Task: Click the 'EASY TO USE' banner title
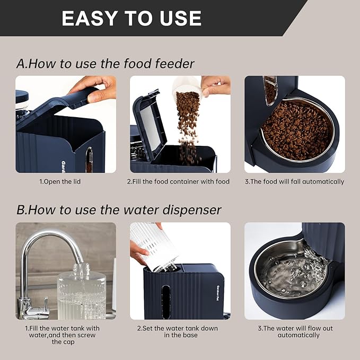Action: click(131, 18)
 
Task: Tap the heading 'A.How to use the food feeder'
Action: click(106, 64)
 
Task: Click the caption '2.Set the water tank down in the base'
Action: click(179, 331)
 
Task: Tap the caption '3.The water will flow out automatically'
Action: click(295, 331)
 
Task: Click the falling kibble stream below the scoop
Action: click(187, 125)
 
